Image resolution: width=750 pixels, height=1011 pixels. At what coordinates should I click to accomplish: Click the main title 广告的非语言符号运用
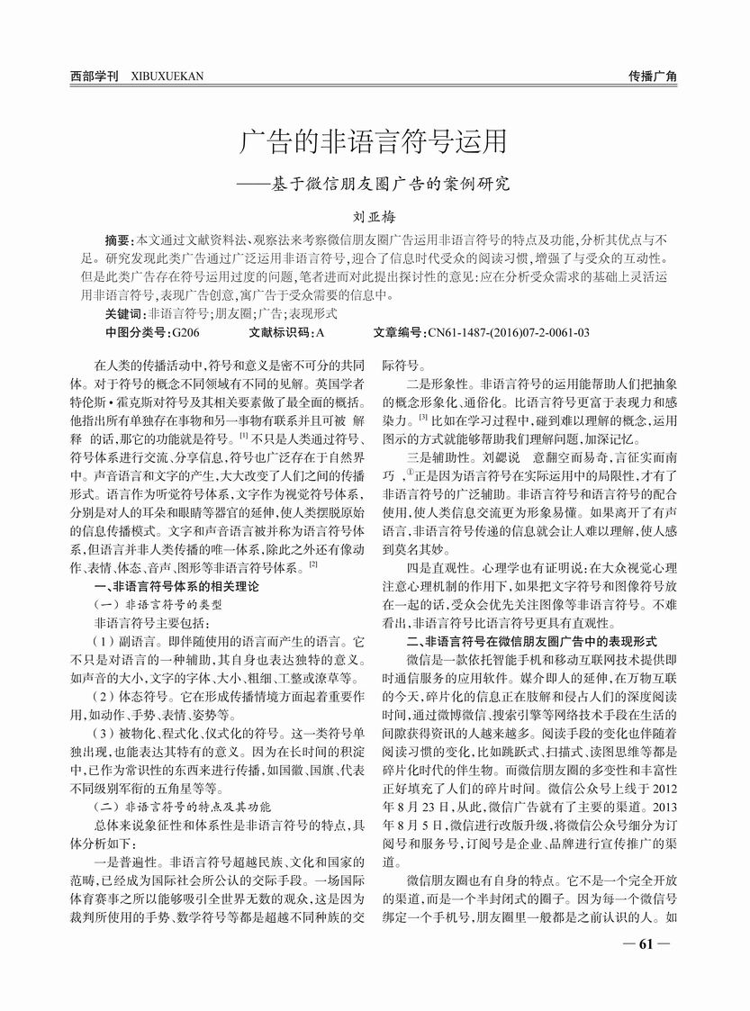click(x=375, y=142)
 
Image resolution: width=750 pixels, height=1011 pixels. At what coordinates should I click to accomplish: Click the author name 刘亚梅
click(x=375, y=217)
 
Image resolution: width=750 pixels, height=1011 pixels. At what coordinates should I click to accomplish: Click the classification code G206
click(x=185, y=332)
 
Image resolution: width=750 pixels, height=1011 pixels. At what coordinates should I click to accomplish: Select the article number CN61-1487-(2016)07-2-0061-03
click(x=508, y=332)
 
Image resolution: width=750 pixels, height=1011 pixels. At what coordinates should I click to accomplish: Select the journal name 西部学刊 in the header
click(x=93, y=77)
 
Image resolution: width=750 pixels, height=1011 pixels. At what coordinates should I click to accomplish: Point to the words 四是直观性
click(x=437, y=568)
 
